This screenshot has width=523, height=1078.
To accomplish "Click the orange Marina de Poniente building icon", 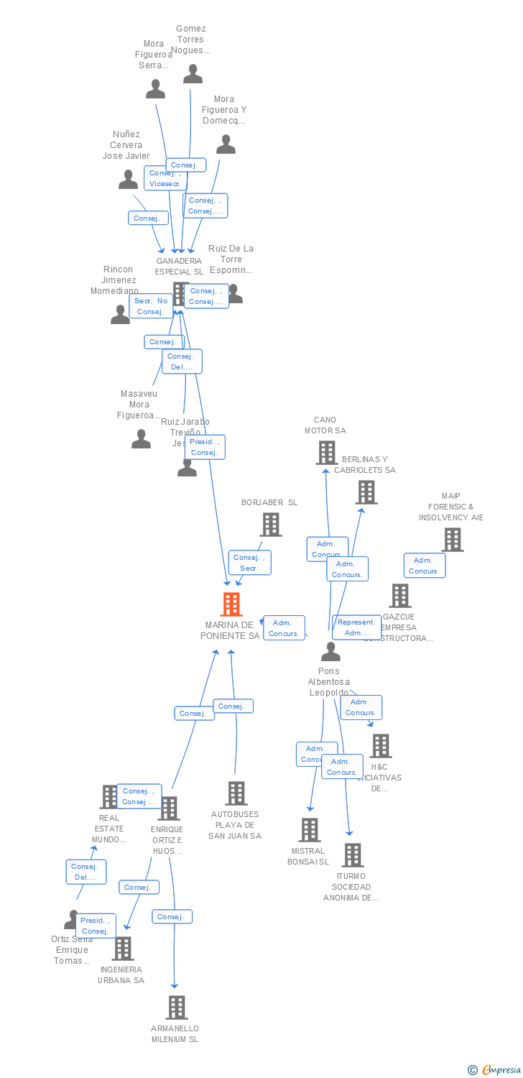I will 231,604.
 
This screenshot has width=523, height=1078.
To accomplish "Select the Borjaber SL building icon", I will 271,525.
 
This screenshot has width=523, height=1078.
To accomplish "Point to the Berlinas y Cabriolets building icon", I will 366,492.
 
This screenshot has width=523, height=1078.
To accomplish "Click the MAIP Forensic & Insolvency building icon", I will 452,539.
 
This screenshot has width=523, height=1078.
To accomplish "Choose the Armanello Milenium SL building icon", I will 177,1008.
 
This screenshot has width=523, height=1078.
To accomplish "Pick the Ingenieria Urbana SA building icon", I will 123,949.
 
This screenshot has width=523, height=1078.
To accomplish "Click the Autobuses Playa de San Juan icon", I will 236,793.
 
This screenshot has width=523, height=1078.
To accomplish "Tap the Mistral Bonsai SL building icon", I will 310,830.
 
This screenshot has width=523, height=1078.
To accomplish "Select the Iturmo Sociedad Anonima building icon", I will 352,855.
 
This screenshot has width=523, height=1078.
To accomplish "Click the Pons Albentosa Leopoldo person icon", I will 330,651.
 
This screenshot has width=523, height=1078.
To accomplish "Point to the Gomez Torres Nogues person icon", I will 193,74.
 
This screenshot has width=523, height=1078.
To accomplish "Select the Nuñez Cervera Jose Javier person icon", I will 128,180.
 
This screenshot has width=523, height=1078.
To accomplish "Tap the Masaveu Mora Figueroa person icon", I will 142,439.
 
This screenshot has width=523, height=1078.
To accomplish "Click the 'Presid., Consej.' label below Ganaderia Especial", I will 205,447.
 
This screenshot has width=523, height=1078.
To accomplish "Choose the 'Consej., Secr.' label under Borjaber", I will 249,563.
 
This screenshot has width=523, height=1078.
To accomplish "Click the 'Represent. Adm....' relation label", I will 357,627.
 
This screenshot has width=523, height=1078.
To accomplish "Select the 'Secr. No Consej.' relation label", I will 151,306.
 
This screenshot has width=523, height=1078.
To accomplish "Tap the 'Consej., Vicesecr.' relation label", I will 165,178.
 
